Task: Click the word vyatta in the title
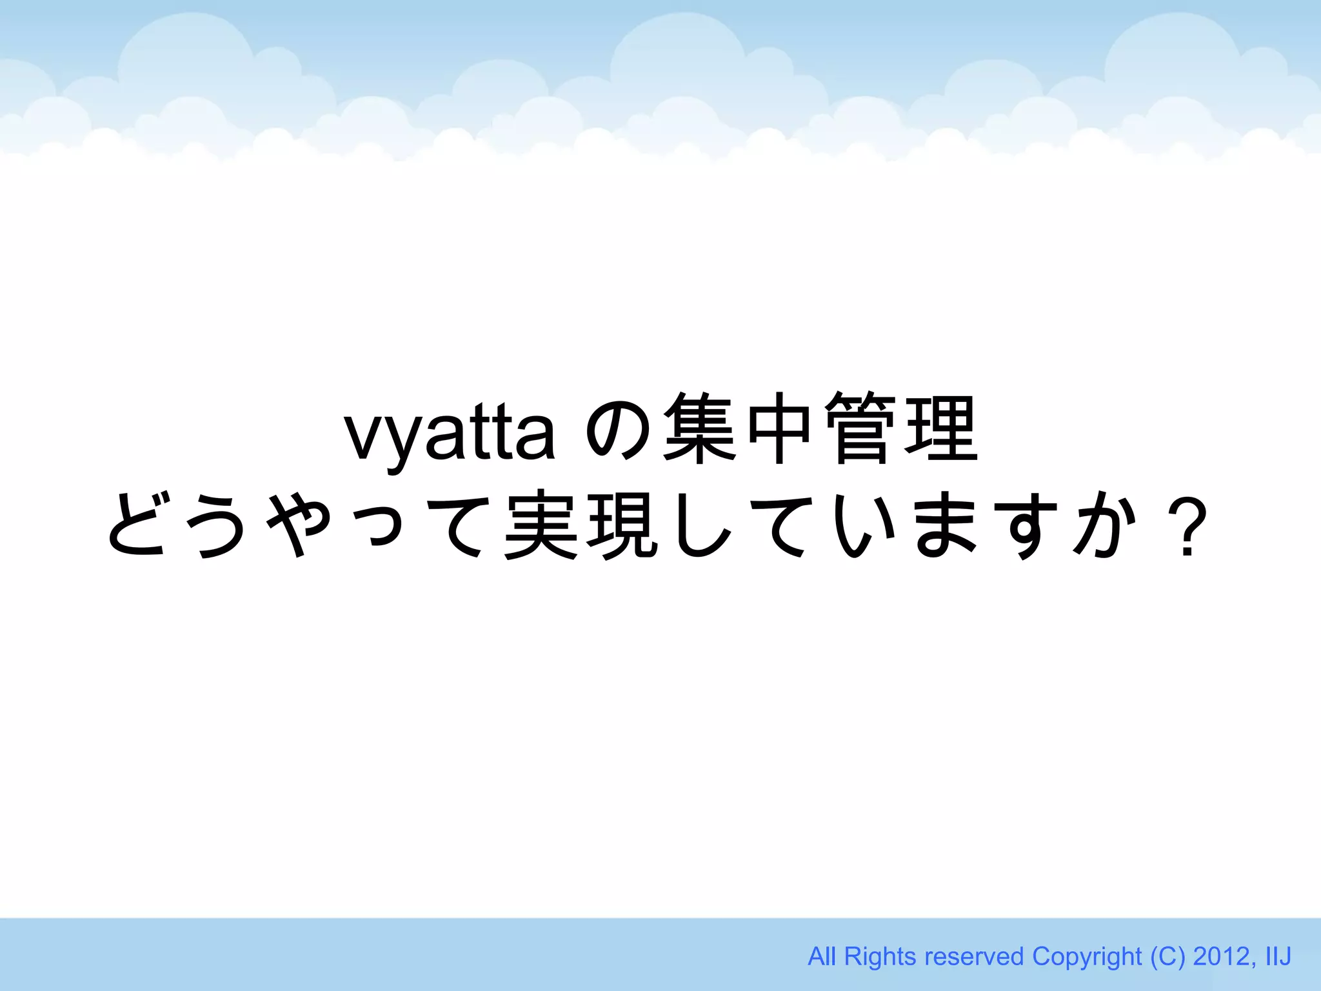pos(450,433)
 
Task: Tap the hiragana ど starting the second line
pos(139,523)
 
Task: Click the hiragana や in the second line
pos(297,523)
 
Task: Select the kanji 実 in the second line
pos(541,523)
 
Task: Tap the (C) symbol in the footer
pos(1168,956)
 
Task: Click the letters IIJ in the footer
pos(1278,956)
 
